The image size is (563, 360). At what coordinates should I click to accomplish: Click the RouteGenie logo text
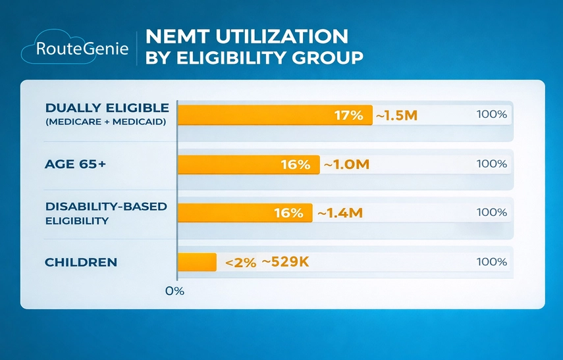pyautogui.click(x=82, y=49)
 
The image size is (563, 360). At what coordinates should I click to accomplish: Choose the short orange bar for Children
pyautogui.click(x=197, y=262)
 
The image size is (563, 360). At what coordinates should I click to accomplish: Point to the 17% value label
pyautogui.click(x=348, y=115)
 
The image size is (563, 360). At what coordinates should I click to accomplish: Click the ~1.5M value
pyautogui.click(x=396, y=116)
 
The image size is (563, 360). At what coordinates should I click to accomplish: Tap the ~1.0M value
pyautogui.click(x=346, y=165)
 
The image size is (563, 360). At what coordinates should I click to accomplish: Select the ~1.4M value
pyautogui.click(x=340, y=213)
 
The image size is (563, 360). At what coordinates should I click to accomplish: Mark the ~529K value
pyautogui.click(x=285, y=262)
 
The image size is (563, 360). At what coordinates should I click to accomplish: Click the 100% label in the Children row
pyautogui.click(x=491, y=262)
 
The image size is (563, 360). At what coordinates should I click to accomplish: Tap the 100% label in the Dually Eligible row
pyautogui.click(x=491, y=115)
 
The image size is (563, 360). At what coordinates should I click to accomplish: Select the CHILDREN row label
pyautogui.click(x=81, y=262)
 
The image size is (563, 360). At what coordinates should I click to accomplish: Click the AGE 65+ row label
pyautogui.click(x=76, y=165)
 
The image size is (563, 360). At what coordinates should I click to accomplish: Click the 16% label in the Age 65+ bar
pyautogui.click(x=295, y=165)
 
